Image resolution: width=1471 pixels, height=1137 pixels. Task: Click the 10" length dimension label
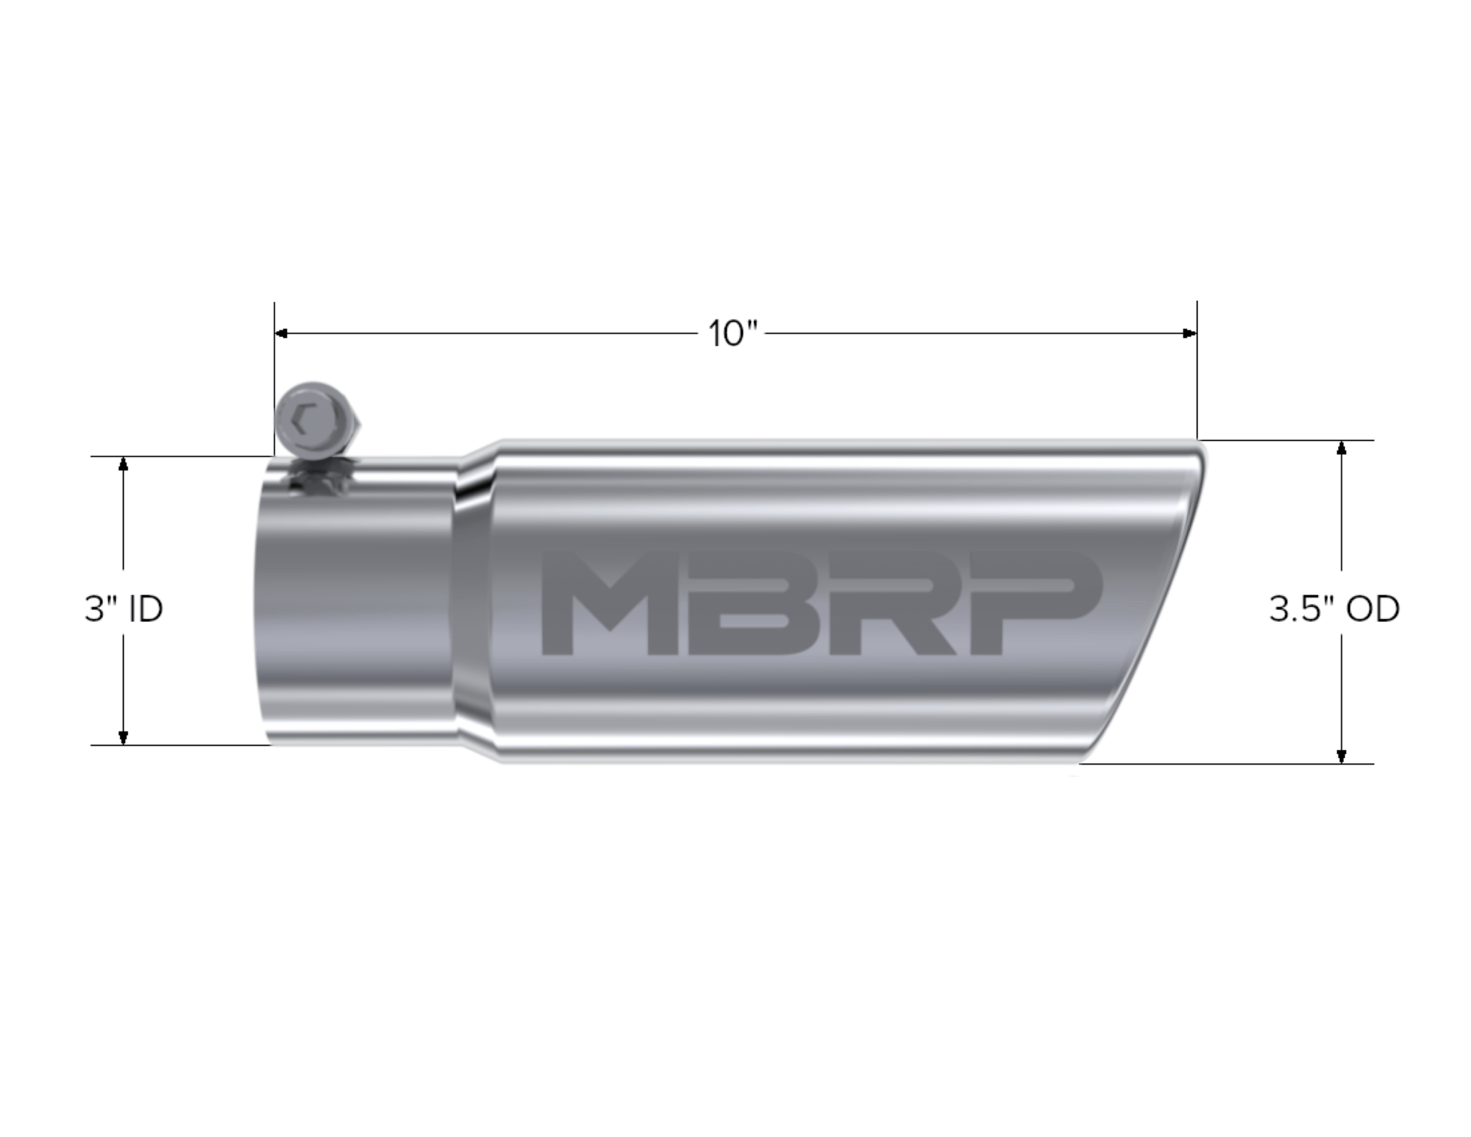click(732, 334)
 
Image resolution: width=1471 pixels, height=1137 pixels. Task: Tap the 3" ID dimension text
click(124, 609)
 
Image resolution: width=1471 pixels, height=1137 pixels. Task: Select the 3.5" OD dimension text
click(1333, 609)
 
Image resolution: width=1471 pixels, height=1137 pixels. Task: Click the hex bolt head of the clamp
click(312, 421)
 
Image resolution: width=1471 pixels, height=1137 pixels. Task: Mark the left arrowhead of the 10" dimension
click(282, 333)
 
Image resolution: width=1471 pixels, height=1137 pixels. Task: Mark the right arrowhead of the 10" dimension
click(1189, 333)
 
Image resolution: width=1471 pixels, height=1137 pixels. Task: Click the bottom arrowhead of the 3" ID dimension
click(124, 737)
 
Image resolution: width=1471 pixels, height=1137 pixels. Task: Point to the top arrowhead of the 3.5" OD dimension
click(1342, 447)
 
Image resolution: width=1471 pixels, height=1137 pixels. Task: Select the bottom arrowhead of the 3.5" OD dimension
click(1342, 756)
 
